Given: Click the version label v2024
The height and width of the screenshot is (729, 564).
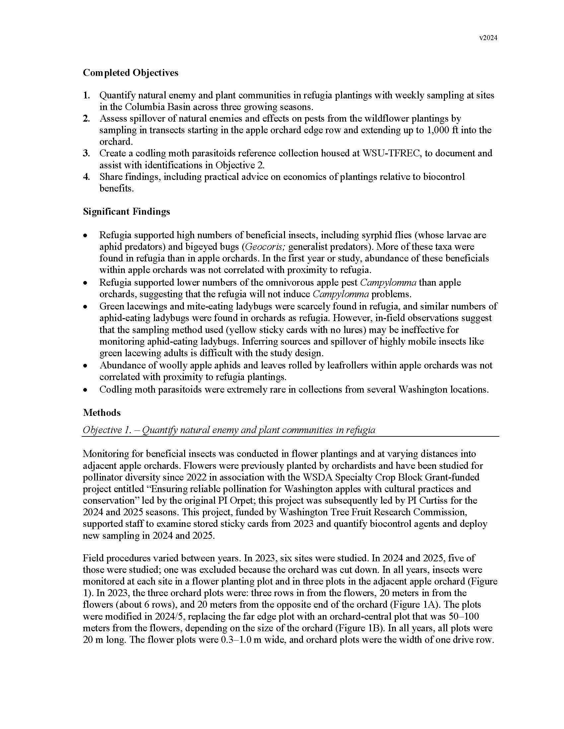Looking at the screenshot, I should click(488, 38).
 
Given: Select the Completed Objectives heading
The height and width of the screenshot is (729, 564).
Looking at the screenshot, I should click(130, 73).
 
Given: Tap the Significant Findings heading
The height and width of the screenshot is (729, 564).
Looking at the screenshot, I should click(126, 212).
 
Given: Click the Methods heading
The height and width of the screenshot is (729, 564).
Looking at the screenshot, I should click(102, 413).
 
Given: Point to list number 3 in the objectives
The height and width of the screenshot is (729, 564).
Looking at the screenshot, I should click(86, 153).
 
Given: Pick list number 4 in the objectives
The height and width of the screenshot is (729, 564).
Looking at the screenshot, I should click(86, 177).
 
